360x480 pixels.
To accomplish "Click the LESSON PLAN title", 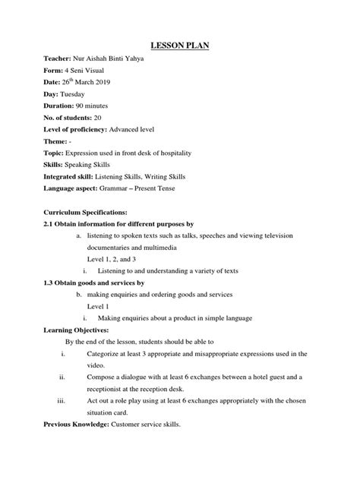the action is (x=180, y=46).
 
